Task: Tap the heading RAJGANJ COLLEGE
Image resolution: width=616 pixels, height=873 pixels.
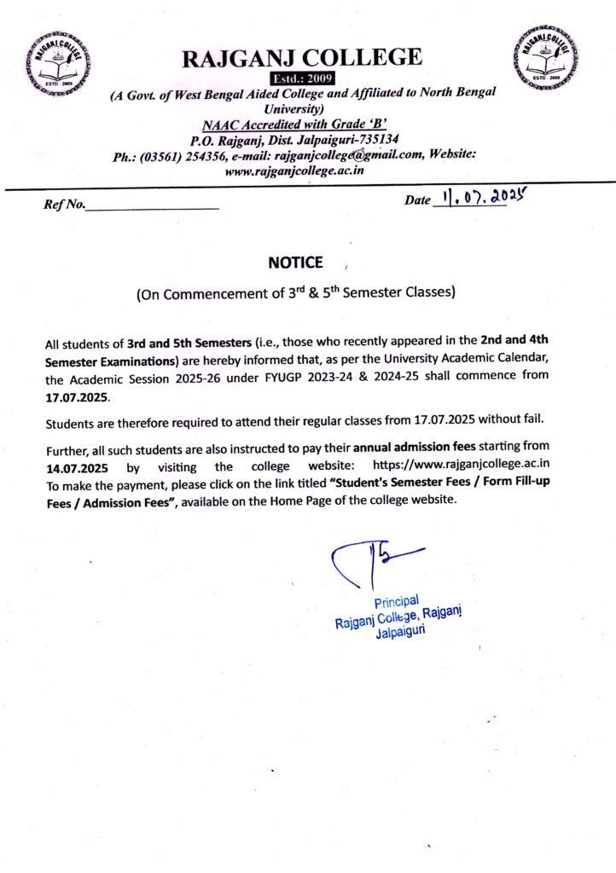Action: [x=301, y=58]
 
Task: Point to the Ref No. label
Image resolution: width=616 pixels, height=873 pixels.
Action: [x=64, y=204]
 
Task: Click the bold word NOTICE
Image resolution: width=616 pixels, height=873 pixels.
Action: [x=296, y=262]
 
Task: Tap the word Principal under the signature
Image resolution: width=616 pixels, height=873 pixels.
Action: [x=395, y=603]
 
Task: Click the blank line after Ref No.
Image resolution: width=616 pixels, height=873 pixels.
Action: [x=153, y=205]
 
